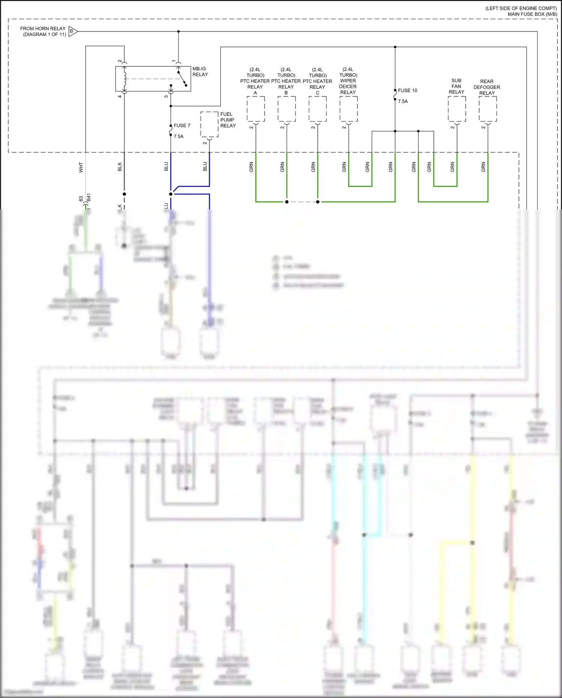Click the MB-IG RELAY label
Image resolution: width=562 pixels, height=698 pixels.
(200, 72)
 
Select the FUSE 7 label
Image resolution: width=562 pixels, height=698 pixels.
(182, 126)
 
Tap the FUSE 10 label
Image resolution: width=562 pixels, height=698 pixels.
(407, 90)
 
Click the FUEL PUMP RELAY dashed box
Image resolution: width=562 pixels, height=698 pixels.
(209, 125)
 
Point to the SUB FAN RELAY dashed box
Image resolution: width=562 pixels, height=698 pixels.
(457, 109)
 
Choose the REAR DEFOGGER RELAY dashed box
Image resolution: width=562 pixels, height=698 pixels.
(488, 109)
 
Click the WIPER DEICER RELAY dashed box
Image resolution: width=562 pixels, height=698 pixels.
(348, 109)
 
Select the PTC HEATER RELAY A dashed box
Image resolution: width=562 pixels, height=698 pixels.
(256, 109)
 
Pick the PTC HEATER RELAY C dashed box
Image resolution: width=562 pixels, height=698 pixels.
(317, 109)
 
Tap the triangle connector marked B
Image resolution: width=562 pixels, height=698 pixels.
(72, 32)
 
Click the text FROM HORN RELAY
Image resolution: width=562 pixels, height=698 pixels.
(43, 29)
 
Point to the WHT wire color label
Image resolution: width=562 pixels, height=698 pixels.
(81, 167)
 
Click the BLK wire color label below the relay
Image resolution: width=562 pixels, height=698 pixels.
(120, 167)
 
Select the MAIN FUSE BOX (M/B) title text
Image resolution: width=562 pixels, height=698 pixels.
(532, 14)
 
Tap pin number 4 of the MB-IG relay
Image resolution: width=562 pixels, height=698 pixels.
(120, 96)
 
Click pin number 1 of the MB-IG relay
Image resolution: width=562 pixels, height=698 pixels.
(174, 61)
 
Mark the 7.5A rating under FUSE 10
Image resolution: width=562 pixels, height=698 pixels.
(403, 101)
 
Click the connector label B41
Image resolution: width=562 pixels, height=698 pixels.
(89, 198)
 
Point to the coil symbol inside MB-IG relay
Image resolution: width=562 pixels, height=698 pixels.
(125, 79)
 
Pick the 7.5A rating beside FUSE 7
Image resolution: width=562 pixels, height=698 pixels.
(178, 137)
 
